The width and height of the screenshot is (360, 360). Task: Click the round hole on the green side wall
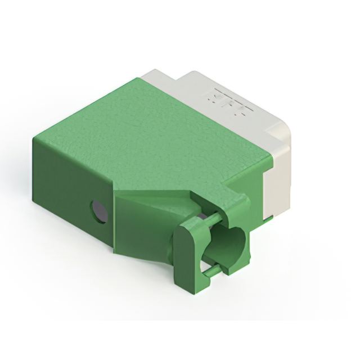(x=99, y=211)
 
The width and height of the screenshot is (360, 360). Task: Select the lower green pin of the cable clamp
(x=211, y=271)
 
